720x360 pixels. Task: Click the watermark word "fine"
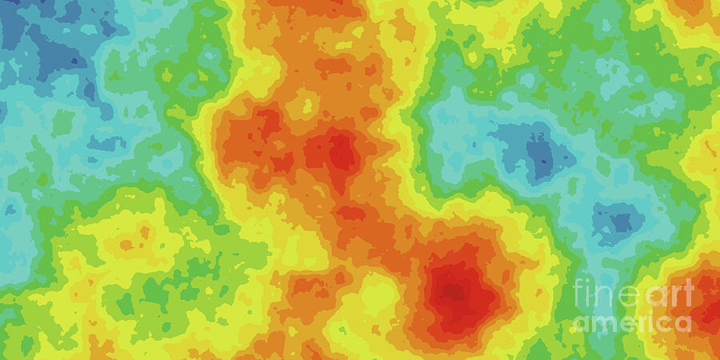pyautogui.click(x=605, y=294)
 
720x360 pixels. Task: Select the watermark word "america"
pyautogui.click(x=632, y=322)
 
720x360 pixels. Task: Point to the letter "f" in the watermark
pyautogui.click(x=578, y=293)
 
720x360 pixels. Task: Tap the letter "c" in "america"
pyautogui.click(x=663, y=323)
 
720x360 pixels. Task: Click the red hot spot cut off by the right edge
pyautogui.click(x=704, y=300)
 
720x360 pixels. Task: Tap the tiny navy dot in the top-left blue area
pyautogui.click(x=77, y=61)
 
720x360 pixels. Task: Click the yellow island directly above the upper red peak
pyautogui.click(x=304, y=104)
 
